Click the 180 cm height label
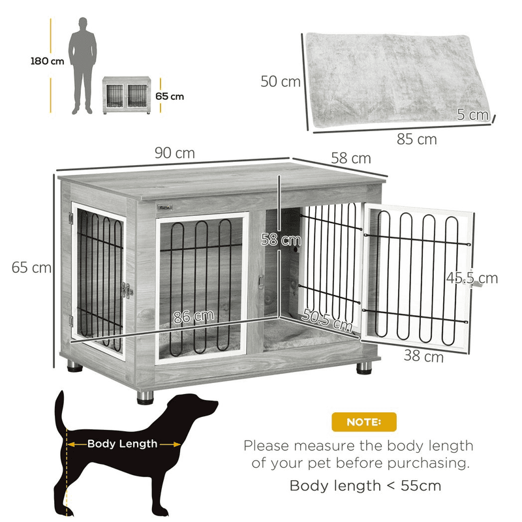47,62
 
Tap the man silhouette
84,65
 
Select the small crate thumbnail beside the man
127,95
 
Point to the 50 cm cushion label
281,82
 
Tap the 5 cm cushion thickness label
473,115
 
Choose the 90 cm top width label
175,153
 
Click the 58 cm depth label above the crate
350,159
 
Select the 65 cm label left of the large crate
31,267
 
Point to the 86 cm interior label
193,317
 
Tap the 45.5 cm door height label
472,278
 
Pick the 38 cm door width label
424,357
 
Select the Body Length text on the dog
123,444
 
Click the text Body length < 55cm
365,485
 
